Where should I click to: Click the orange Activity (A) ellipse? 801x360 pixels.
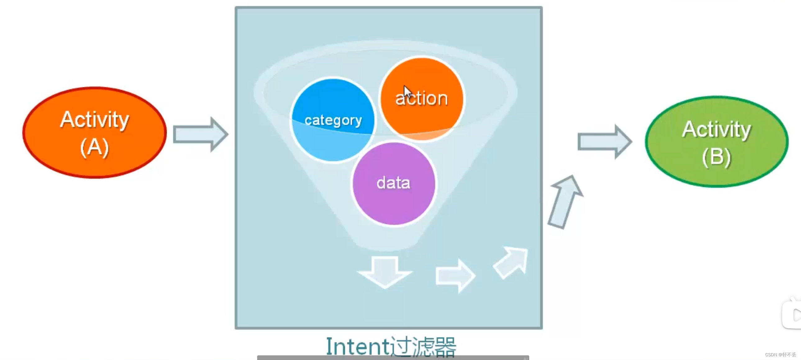tap(94, 132)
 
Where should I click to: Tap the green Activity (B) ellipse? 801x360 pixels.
tap(716, 142)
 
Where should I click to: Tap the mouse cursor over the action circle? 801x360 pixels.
tap(407, 91)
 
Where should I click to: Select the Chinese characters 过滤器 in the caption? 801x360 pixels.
tap(423, 346)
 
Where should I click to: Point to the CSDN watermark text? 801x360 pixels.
tap(780, 355)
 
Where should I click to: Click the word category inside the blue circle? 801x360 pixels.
tap(333, 121)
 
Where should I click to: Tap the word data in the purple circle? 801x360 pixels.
tap(393, 183)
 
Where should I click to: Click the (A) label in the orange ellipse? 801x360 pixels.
tap(94, 147)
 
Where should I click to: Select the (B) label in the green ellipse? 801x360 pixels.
tap(716, 157)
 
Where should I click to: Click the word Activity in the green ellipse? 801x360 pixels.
tap(716, 129)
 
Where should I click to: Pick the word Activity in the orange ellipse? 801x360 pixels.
tap(94, 119)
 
